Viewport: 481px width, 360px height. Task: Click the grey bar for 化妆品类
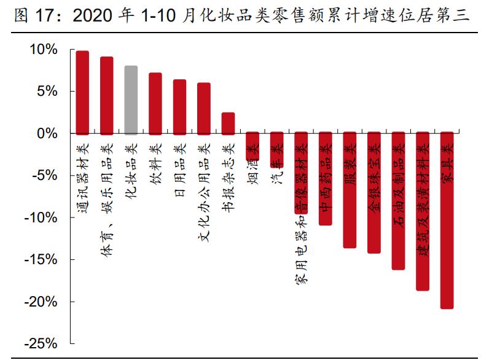(131, 100)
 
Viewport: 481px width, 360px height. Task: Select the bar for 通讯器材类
(82, 92)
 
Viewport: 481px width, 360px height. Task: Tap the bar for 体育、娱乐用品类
(106, 95)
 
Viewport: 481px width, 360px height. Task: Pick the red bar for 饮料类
(155, 103)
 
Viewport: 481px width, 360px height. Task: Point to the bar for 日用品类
(179, 106)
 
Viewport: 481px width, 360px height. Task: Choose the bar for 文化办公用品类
(204, 108)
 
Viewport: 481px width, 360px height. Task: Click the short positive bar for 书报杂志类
(228, 123)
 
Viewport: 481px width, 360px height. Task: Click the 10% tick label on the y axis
(45, 49)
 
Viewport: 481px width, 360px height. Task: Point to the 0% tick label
(49, 133)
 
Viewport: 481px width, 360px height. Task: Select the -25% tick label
(42, 343)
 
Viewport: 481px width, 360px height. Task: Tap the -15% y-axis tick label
(42, 259)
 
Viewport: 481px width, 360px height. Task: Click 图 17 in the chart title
(31, 15)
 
